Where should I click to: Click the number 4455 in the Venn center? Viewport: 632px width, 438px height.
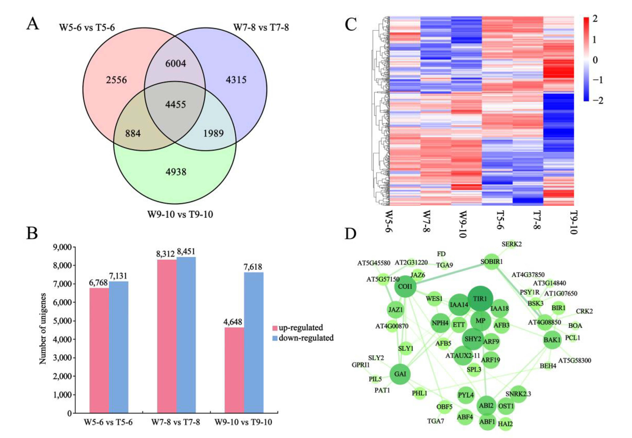pyautogui.click(x=176, y=105)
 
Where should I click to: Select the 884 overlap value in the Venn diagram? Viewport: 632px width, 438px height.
pyautogui.click(x=133, y=134)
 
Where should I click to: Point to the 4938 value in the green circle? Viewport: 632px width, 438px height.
pyautogui.click(x=176, y=172)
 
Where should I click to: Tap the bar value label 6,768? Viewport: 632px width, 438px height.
pyautogui.click(x=98, y=283)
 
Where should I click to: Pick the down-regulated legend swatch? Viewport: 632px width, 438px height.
pyautogui.click(x=275, y=338)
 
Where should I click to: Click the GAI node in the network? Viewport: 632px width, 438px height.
pyautogui.click(x=400, y=374)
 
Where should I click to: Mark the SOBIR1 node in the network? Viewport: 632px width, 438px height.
pyautogui.click(x=492, y=261)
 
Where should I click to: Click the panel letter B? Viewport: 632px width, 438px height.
pyautogui.click(x=32, y=234)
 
